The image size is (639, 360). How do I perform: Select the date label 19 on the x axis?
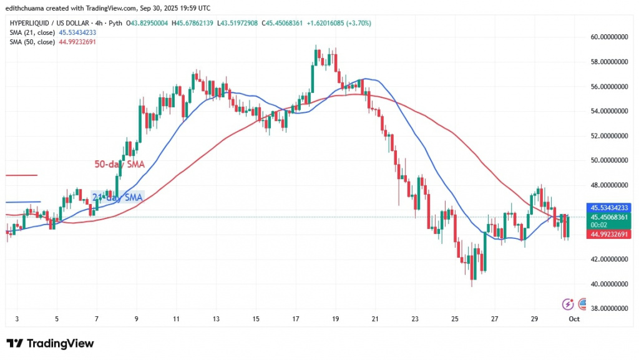point(336,319)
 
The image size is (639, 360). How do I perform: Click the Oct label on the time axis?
point(574,319)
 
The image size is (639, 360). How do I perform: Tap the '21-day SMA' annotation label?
point(117,197)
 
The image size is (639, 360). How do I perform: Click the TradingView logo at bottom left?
point(50,344)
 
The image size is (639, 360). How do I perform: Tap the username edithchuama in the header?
point(32,7)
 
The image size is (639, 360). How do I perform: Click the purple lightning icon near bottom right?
point(568,304)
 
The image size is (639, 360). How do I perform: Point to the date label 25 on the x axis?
point(454,319)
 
